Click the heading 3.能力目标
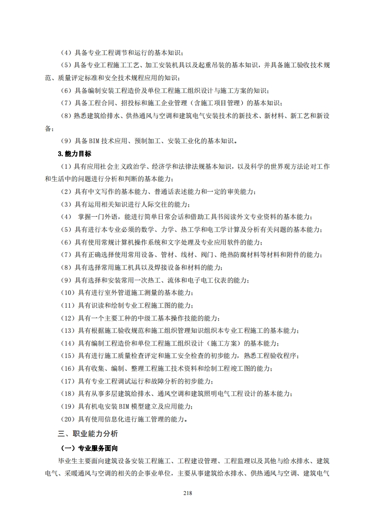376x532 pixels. [x=74, y=154]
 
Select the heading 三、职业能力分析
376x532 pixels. [x=88, y=433]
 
